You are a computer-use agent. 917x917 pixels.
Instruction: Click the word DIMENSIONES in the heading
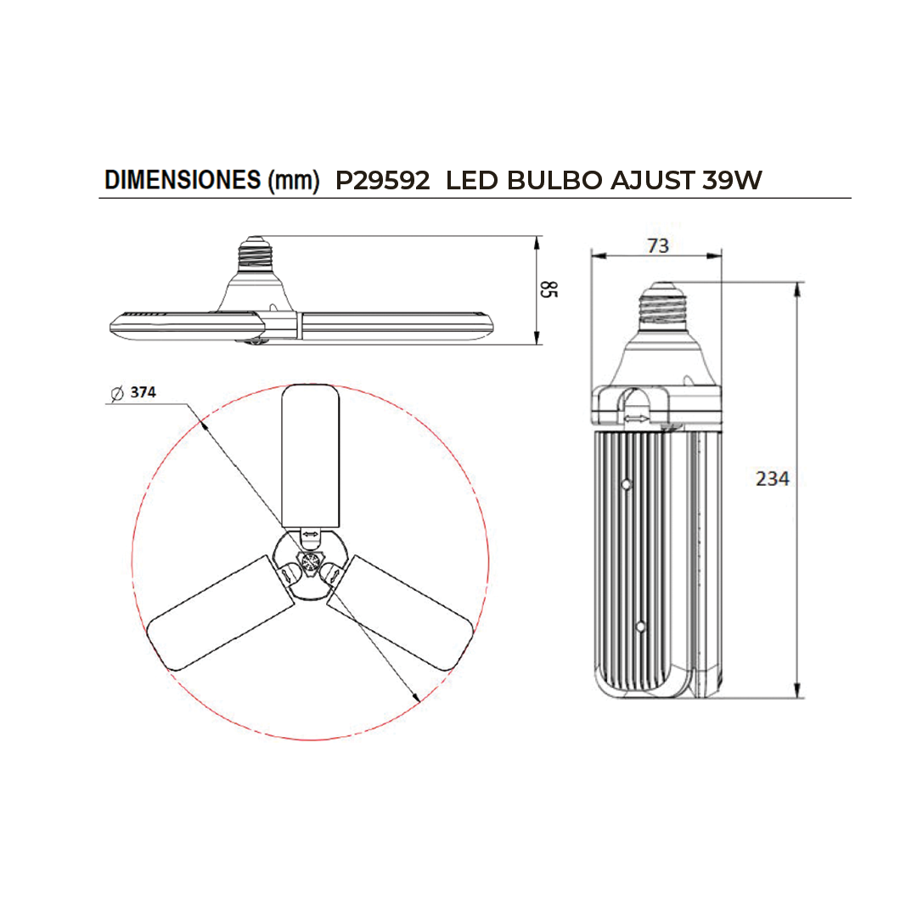click(183, 179)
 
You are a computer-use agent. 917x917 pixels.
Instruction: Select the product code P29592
click(382, 180)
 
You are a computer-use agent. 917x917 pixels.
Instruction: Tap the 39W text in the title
click(732, 180)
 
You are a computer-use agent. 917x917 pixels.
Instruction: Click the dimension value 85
click(549, 289)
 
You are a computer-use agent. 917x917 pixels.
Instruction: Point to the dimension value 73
click(658, 245)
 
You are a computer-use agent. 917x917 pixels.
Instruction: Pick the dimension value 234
click(772, 479)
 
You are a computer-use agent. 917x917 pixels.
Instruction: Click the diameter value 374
click(143, 391)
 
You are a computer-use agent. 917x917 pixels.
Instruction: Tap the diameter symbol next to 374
click(117, 394)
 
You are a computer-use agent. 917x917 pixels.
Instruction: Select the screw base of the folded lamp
click(662, 305)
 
